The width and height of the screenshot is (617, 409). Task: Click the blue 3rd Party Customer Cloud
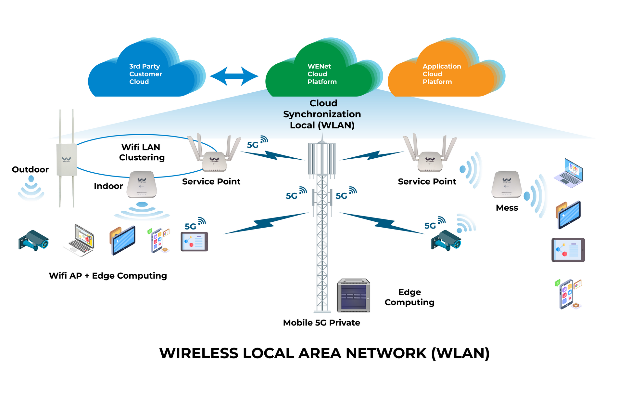coord(143,73)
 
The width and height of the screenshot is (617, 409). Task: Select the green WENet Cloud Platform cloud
coord(320,73)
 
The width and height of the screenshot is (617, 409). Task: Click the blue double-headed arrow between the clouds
coord(234,76)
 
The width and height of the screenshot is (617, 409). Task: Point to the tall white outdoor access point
coord(66,159)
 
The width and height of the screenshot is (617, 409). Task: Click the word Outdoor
coord(30,169)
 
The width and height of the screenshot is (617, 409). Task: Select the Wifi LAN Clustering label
coord(142,152)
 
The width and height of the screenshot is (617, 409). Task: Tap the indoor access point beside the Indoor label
coord(142,185)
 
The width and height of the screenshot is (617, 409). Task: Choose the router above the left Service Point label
coord(214,156)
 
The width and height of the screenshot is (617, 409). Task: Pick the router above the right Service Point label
coord(430,156)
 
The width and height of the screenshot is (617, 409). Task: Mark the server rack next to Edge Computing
coord(354,295)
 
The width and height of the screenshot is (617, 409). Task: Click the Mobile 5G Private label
coord(321,323)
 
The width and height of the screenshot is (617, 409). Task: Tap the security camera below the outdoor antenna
coord(33,241)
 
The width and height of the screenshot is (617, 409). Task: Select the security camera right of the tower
coord(446,241)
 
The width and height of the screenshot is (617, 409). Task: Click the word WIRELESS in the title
coord(199,353)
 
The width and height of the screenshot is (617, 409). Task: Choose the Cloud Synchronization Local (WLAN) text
coord(322,114)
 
